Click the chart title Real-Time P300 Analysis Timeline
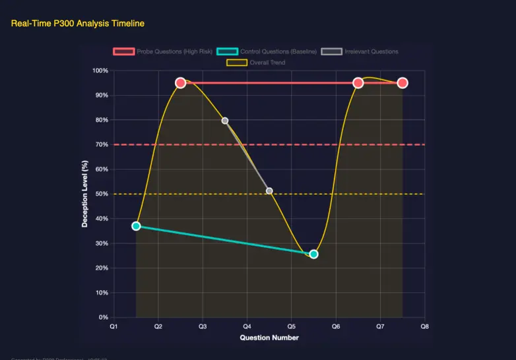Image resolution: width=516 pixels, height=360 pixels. click(x=78, y=24)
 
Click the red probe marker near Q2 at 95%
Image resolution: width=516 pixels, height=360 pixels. click(x=180, y=83)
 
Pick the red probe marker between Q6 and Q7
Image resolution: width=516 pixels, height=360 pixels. click(x=358, y=83)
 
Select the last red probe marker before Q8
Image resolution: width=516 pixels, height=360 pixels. click(x=403, y=83)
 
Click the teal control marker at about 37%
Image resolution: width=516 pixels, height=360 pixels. click(x=136, y=226)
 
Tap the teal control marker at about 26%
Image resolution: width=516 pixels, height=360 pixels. click(x=313, y=254)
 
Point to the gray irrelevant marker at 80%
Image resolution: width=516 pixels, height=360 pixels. click(x=225, y=121)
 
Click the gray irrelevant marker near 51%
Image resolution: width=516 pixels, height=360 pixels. click(x=269, y=191)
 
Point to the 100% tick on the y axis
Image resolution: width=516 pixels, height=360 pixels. click(x=100, y=71)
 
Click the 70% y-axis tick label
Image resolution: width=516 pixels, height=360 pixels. click(x=102, y=144)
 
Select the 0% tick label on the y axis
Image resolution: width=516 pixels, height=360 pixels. click(x=104, y=317)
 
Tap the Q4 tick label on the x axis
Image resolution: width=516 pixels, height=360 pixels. click(x=247, y=326)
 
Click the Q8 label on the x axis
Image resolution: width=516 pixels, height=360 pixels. click(x=425, y=326)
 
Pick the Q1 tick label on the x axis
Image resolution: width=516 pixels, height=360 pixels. click(x=113, y=326)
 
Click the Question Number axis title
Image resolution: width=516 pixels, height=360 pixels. click(x=269, y=338)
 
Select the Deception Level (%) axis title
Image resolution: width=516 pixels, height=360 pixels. click(x=84, y=194)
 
